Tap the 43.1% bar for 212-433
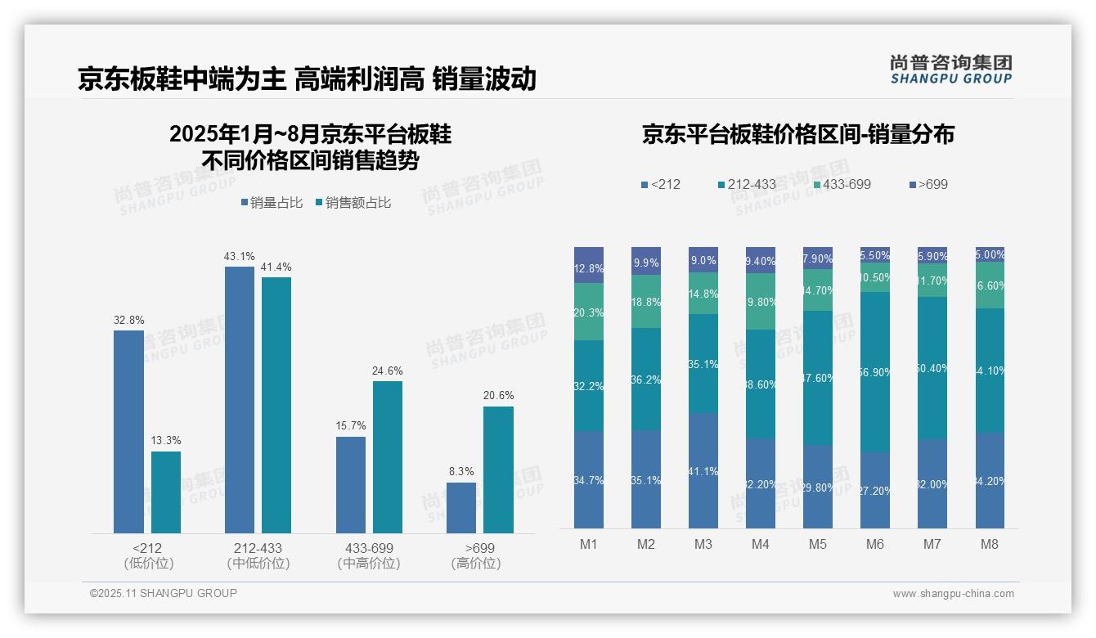tap(239, 400)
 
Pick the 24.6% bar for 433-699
tap(388, 457)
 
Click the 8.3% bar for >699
tap(461, 508)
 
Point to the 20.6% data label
tap(498, 396)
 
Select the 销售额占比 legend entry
tap(353, 203)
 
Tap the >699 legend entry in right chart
tap(928, 185)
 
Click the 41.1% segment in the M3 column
tap(703, 471)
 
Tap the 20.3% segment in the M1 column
tap(589, 312)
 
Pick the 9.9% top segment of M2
tap(646, 261)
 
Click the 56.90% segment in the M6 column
tap(875, 372)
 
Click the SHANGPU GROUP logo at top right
tap(950, 69)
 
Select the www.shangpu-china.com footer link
tap(953, 594)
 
